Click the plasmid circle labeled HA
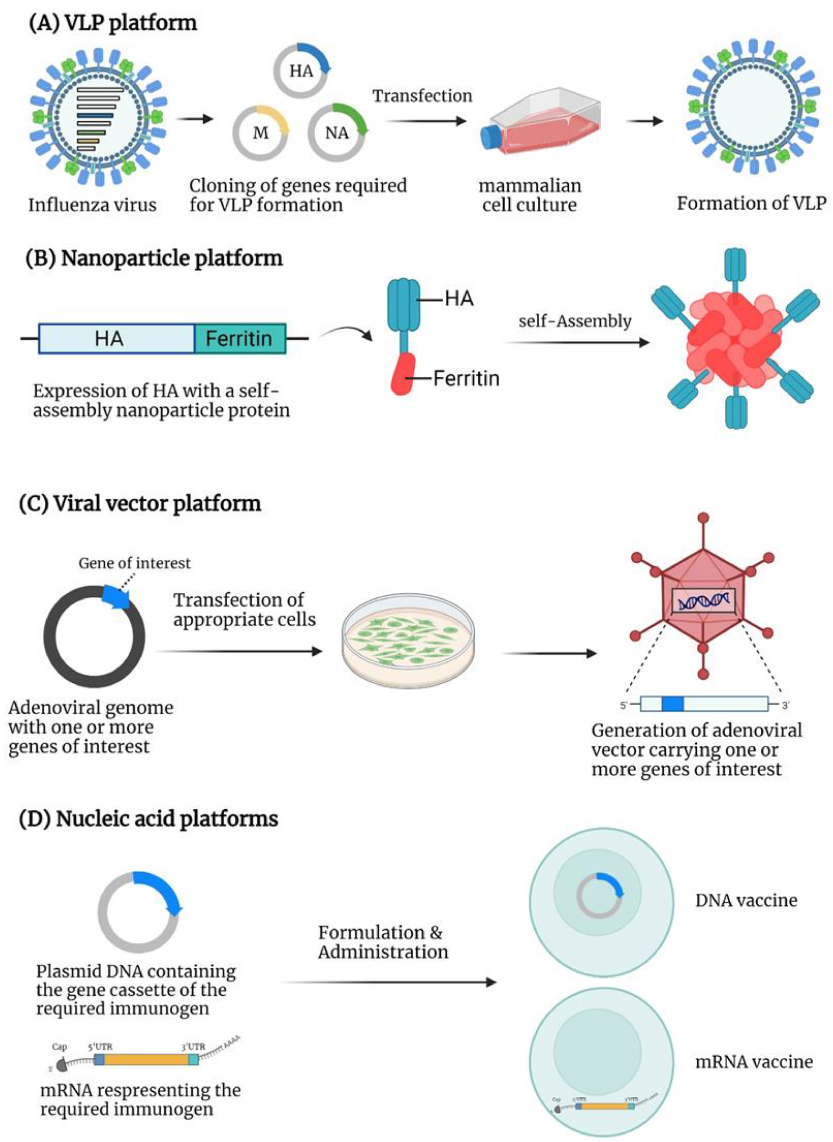[301, 70]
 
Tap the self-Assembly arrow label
[575, 321]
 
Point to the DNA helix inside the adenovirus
[703, 601]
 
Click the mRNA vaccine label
[754, 1062]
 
